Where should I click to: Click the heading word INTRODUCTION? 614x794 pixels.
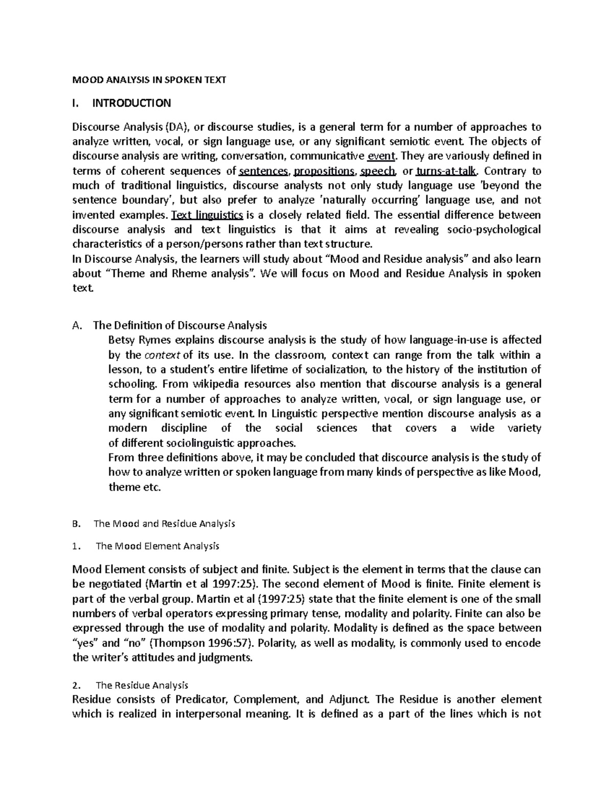click(x=131, y=103)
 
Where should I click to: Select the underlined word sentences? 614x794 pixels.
click(x=265, y=171)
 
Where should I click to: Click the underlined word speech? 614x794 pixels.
click(x=378, y=171)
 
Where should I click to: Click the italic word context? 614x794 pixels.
click(x=162, y=355)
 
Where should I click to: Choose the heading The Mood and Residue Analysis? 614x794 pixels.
click(x=164, y=524)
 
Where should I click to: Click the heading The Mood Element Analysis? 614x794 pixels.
click(x=158, y=546)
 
